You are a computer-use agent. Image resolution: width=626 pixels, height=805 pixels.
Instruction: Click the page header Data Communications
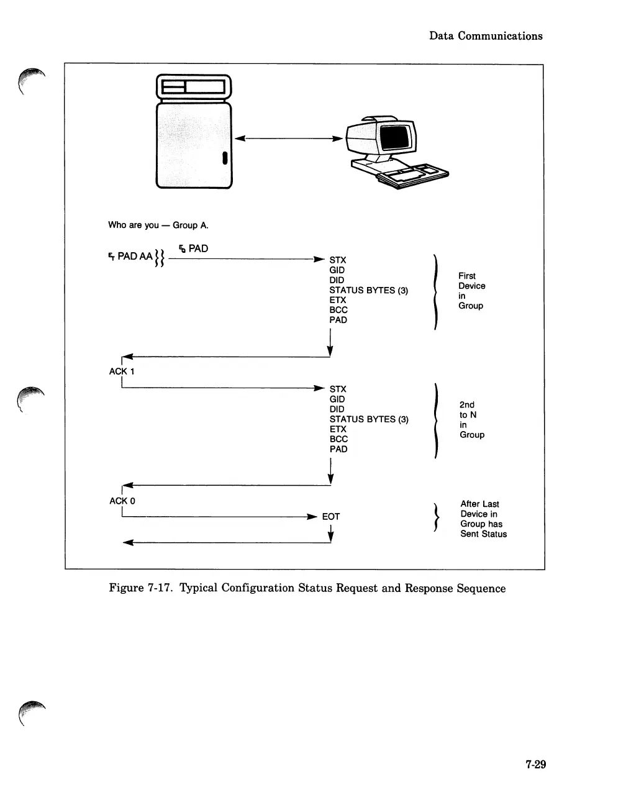[486, 36]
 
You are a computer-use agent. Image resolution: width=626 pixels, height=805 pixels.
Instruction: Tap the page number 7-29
[535, 765]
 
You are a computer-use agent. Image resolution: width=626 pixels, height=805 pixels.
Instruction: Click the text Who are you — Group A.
[158, 225]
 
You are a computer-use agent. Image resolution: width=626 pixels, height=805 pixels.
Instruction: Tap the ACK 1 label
[122, 371]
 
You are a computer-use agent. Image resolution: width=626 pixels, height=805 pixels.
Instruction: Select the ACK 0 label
[122, 501]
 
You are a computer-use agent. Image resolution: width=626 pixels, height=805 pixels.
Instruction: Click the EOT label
[331, 517]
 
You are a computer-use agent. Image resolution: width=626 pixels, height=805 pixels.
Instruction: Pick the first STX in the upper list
[338, 260]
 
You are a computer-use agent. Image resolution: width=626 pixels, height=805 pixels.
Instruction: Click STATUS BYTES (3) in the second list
[369, 419]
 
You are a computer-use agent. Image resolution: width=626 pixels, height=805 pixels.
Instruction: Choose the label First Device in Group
[471, 291]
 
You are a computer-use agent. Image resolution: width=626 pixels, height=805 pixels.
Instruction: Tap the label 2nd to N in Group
[471, 420]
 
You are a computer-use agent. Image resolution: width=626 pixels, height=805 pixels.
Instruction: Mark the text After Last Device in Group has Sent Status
[483, 519]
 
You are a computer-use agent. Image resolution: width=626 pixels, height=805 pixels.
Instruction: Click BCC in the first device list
[338, 310]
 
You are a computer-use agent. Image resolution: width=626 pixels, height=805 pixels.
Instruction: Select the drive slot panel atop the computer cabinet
[193, 88]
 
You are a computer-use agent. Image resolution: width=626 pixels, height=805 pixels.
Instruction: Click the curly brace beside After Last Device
[439, 518]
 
